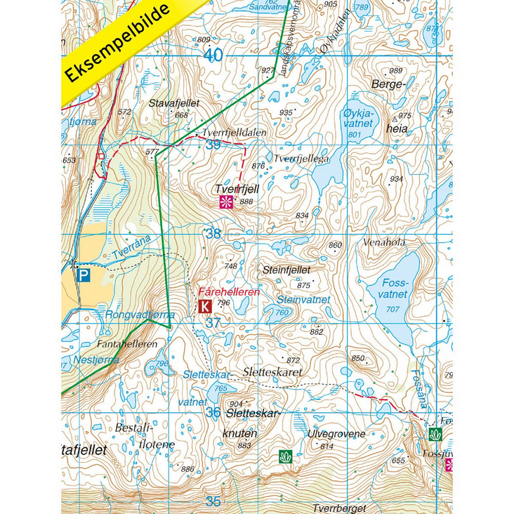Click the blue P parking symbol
(84, 276)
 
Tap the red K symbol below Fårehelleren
(205, 305)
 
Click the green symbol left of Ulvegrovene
(285, 457)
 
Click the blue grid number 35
(213, 501)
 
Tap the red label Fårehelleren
(229, 291)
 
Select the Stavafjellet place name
(174, 103)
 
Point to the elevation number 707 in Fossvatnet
(393, 310)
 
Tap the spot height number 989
(396, 71)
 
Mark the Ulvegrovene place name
(336, 434)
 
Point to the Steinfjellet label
(286, 269)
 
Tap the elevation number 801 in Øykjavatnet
(354, 134)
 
